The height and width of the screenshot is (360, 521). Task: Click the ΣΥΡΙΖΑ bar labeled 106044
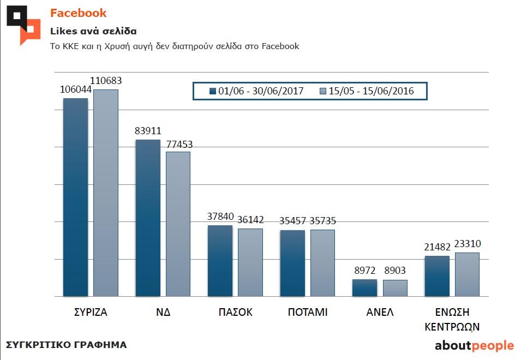(75, 197)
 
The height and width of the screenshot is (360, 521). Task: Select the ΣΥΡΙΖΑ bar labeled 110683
(106, 193)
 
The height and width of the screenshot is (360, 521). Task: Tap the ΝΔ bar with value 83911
(148, 218)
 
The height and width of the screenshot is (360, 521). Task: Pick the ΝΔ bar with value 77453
(178, 224)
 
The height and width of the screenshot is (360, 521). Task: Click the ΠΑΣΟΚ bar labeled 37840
(220, 261)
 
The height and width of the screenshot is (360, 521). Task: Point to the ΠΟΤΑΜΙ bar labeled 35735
(322, 263)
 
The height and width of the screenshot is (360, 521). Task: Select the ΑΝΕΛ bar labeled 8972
(364, 288)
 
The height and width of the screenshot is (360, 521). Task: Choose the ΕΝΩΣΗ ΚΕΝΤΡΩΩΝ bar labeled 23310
(467, 274)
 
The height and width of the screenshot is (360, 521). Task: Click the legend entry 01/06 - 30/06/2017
(256, 91)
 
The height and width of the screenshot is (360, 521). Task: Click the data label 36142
(250, 220)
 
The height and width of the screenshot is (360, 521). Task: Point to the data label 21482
(437, 247)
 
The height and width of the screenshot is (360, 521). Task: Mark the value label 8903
(394, 271)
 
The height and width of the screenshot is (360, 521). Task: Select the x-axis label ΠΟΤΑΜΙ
(308, 313)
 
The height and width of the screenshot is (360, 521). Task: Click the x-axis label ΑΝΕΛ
(380, 313)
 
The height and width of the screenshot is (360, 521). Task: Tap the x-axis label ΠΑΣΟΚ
(235, 313)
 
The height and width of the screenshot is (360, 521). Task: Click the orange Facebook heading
(79, 13)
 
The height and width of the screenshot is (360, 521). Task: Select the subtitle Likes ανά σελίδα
(86, 31)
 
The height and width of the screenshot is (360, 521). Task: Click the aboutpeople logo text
(474, 345)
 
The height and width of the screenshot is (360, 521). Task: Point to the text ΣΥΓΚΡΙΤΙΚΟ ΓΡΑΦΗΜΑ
(66, 345)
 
